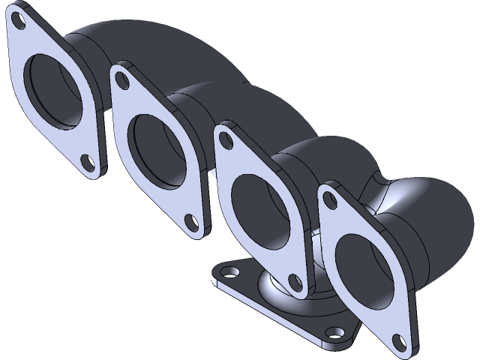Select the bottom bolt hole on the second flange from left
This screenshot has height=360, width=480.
click(192, 221)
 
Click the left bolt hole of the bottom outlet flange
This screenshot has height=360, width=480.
click(223, 274)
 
